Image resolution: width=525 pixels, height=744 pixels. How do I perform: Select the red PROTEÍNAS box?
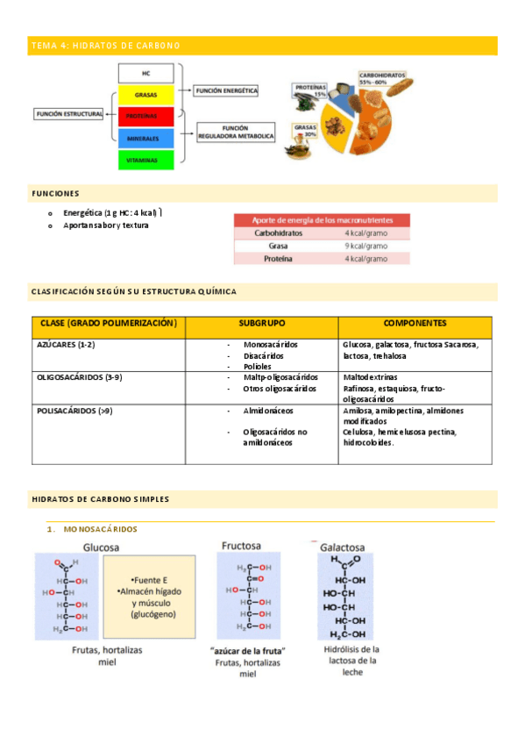pyautogui.click(x=145, y=116)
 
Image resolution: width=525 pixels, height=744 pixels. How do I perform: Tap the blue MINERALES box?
pyautogui.click(x=145, y=138)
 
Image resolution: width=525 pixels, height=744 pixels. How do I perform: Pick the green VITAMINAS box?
pyautogui.click(x=145, y=160)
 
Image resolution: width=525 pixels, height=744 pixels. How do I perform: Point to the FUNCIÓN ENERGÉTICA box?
pyautogui.click(x=226, y=89)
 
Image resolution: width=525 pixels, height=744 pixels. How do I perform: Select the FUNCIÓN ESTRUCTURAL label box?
pyautogui.click(x=69, y=113)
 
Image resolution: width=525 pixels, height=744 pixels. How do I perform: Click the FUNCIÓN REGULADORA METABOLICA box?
pyautogui.click(x=236, y=132)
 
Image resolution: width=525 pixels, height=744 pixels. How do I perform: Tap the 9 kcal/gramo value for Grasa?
pyautogui.click(x=365, y=247)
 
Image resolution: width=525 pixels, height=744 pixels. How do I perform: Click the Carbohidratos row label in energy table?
pyautogui.click(x=279, y=234)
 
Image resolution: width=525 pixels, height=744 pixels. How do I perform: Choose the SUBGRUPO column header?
pyautogui.click(x=261, y=324)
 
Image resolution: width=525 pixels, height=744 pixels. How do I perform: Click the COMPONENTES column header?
pyautogui.click(x=415, y=324)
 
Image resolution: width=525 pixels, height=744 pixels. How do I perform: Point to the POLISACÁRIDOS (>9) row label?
pyautogui.click(x=74, y=410)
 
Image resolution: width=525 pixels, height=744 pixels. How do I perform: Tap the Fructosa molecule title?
pyautogui.click(x=241, y=545)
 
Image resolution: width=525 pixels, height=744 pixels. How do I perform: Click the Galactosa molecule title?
pyautogui.click(x=343, y=546)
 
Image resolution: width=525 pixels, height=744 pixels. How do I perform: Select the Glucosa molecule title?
pyautogui.click(x=101, y=547)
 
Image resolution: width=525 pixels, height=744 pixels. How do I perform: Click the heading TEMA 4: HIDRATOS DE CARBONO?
pyautogui.click(x=105, y=45)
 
